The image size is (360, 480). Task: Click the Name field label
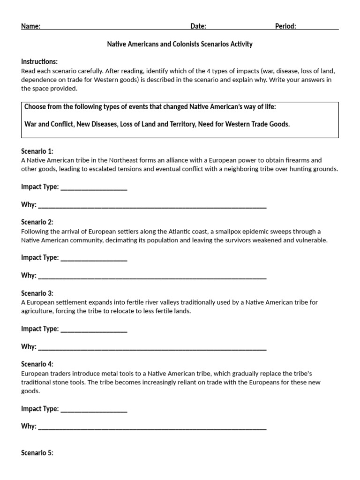coord(30,26)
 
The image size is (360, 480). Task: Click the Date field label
coord(198,26)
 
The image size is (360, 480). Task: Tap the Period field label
coord(285,26)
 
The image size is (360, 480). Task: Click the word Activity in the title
coord(241,45)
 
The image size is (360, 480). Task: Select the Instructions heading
coord(39,62)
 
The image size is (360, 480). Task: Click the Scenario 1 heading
coord(37,151)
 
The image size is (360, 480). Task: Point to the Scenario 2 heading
coord(37,222)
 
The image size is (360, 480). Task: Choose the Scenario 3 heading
coord(37,293)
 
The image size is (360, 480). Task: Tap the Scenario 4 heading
coord(37,364)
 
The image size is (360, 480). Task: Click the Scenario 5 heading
coord(37,453)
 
